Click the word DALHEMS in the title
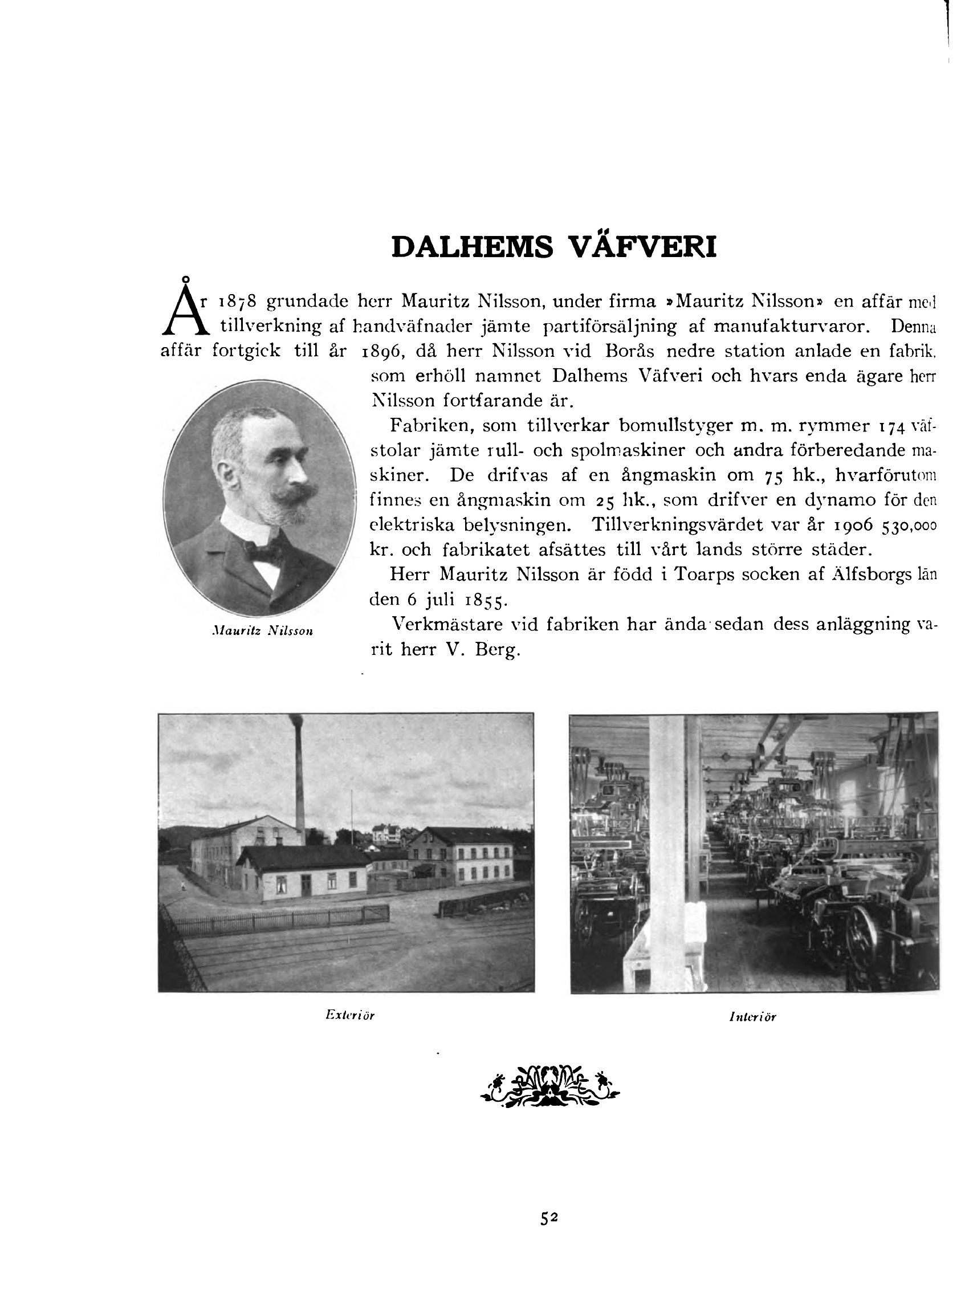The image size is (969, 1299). point(471,247)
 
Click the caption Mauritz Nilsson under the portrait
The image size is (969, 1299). point(262,631)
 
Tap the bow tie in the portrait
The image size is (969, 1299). point(264,551)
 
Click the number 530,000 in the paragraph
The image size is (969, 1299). point(909,526)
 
